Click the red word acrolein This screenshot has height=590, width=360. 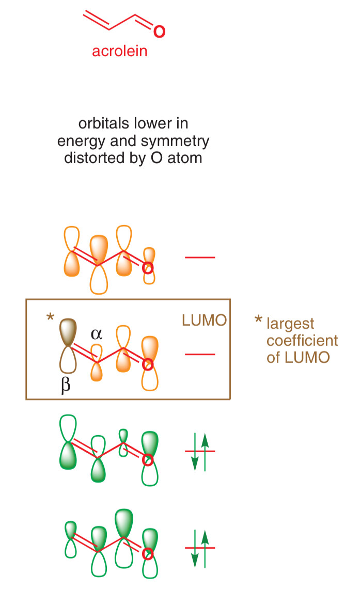(119, 52)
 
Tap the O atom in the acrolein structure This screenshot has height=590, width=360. (160, 31)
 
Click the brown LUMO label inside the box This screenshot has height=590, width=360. (204, 321)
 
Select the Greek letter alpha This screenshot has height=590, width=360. (96, 334)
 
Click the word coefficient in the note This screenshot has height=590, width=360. (302, 341)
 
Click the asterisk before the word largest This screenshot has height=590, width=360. (258, 321)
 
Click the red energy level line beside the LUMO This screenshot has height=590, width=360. (200, 355)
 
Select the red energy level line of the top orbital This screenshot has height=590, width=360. (200, 257)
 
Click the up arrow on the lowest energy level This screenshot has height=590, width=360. (205, 550)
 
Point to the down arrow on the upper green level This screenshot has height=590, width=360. (195, 452)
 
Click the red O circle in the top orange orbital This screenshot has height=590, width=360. (148, 268)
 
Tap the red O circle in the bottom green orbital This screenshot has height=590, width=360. (148, 555)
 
